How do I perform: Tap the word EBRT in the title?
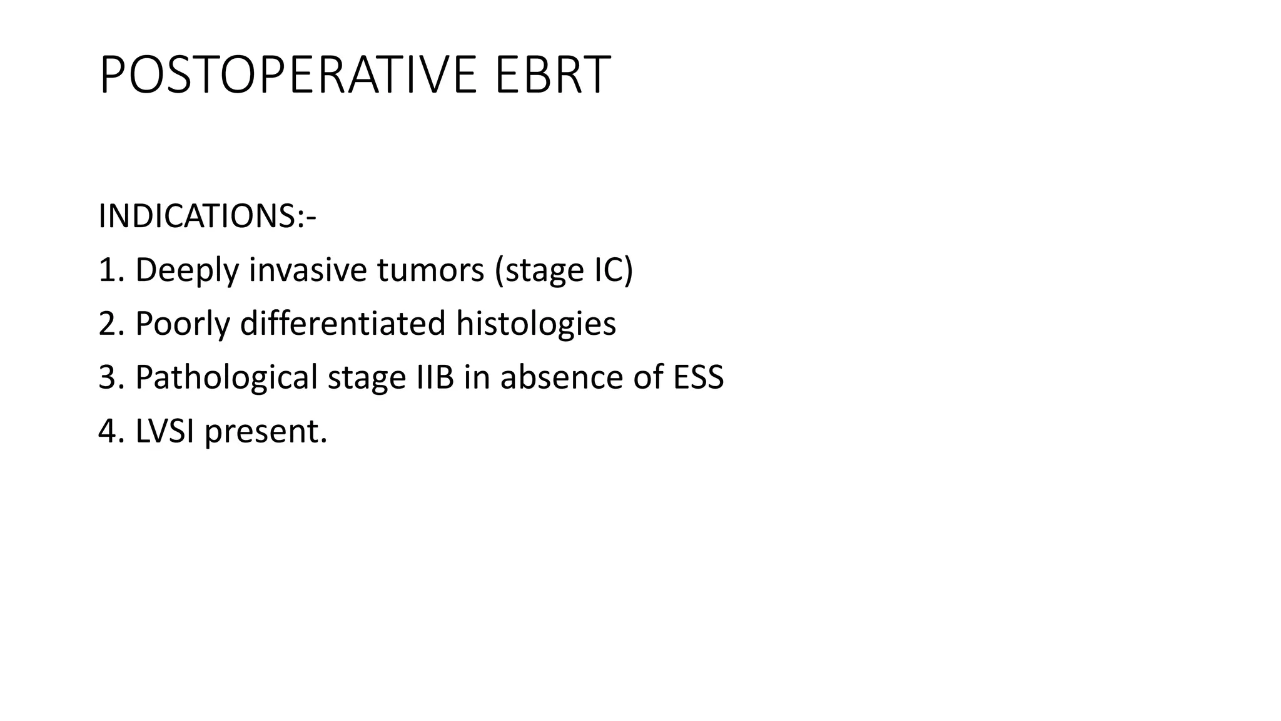[552, 75]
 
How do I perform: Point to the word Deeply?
[187, 271]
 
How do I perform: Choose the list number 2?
[107, 324]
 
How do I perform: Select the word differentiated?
[343, 324]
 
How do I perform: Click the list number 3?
[107, 377]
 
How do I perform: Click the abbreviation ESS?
[698, 377]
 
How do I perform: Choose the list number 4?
[107, 431]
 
